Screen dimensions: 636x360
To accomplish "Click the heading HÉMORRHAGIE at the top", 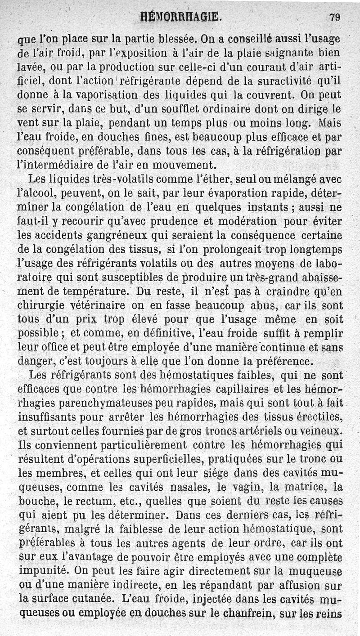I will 180,18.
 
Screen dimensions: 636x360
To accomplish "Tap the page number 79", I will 334,18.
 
